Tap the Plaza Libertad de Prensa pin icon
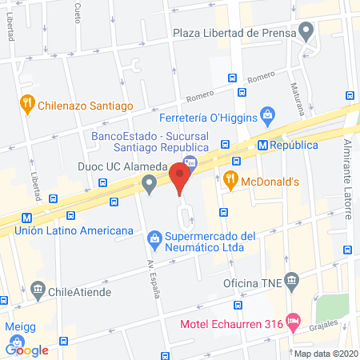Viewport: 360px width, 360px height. pyautogui.click(x=305, y=33)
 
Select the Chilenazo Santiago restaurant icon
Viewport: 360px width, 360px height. pyautogui.click(x=28, y=102)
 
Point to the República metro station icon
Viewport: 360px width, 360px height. pyautogui.click(x=262, y=145)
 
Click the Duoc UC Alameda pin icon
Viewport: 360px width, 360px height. pyautogui.click(x=149, y=184)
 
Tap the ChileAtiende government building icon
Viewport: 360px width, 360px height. pyautogui.click(x=38, y=288)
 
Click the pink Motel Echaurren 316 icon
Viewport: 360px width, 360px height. pyautogui.click(x=294, y=322)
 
